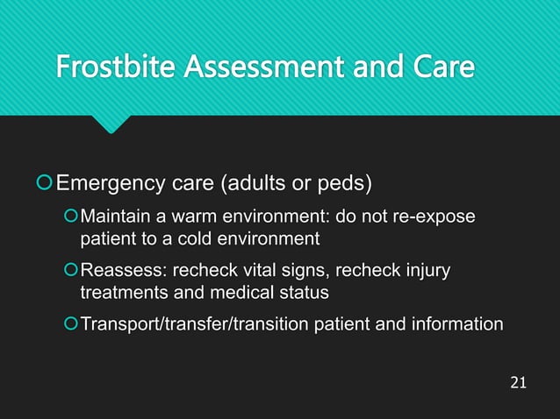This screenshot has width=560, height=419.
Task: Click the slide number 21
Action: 518,382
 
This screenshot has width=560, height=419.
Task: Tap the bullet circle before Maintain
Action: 70,217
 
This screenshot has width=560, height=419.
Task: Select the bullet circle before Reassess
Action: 70,271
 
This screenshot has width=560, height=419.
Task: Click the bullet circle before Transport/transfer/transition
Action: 70,324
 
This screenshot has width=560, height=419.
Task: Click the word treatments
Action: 122,292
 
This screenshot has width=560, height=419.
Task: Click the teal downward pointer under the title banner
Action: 111,124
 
